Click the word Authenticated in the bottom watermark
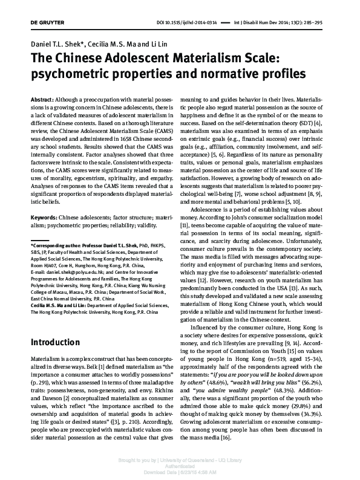(x=180, y=467)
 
